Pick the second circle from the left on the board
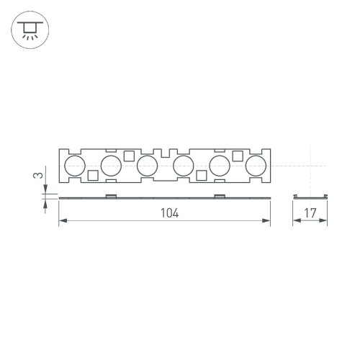[x=111, y=166]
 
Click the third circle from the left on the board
[x=147, y=166]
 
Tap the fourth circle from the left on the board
[x=183, y=166]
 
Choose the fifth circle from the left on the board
[x=219, y=166]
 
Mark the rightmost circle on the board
[x=255, y=166]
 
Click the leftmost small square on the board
[x=93, y=175]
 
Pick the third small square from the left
[x=201, y=175]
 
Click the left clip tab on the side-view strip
[x=111, y=195]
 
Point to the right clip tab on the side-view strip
[x=219, y=195]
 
